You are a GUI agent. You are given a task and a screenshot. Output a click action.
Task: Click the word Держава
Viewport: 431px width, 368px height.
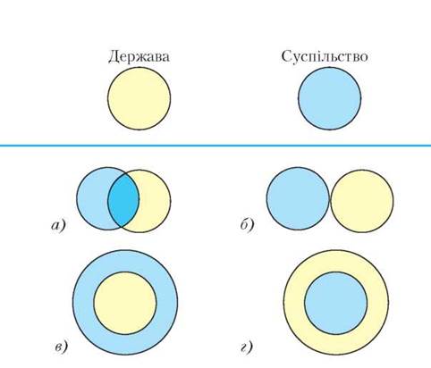click(139, 56)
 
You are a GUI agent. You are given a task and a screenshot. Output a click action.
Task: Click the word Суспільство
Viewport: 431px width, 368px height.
click(325, 56)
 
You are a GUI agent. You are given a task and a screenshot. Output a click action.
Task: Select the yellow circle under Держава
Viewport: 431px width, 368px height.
click(139, 98)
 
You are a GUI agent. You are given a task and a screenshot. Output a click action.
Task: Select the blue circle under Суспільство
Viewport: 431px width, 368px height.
click(330, 98)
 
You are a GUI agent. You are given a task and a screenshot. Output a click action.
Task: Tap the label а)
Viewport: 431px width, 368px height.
click(58, 226)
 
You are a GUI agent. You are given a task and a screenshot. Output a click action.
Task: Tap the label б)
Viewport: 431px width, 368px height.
click(248, 225)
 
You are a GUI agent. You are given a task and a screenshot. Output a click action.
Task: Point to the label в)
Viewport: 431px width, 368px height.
click(62, 347)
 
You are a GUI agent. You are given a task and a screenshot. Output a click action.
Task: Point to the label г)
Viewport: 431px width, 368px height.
click(247, 347)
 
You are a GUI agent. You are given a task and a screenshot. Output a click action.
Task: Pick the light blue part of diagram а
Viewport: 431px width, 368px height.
click(92, 198)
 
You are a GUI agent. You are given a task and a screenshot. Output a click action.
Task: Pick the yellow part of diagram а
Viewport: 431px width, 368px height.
click(155, 201)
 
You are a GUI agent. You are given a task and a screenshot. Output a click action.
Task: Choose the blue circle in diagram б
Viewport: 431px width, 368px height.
click(298, 198)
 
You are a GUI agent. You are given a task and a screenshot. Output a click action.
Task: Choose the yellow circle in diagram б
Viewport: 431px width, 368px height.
click(362, 201)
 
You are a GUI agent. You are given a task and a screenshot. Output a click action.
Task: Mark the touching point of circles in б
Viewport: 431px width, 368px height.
click(330, 200)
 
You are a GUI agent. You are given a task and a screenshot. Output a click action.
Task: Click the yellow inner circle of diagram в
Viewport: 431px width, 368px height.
click(125, 303)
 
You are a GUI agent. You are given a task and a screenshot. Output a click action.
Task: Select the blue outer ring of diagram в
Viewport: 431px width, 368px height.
click(83, 303)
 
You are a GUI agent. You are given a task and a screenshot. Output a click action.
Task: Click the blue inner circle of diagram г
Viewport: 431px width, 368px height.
click(336, 303)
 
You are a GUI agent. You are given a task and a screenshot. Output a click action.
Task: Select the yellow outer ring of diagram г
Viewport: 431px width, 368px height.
click(294, 303)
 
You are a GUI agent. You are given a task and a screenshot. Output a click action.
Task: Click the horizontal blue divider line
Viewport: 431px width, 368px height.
click(215, 146)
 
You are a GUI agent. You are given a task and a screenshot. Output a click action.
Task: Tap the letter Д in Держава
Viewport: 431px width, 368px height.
click(114, 57)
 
